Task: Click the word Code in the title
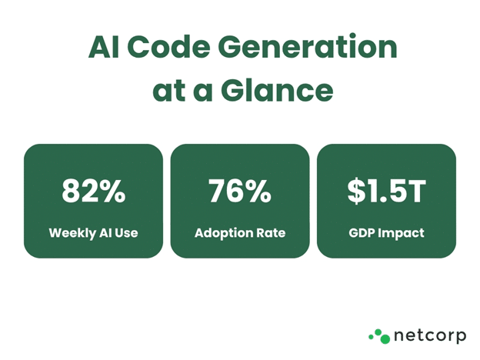(168, 47)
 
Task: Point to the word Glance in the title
(277, 89)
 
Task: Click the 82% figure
(94, 191)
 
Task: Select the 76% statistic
(240, 191)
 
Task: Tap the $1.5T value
(386, 191)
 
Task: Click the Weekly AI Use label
(93, 233)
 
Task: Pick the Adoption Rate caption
(240, 233)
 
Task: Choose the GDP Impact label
(386, 233)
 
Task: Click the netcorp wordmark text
(430, 336)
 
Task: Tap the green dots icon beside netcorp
(379, 336)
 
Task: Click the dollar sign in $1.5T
(355, 191)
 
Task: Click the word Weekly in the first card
(72, 233)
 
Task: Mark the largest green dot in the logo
(385, 338)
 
